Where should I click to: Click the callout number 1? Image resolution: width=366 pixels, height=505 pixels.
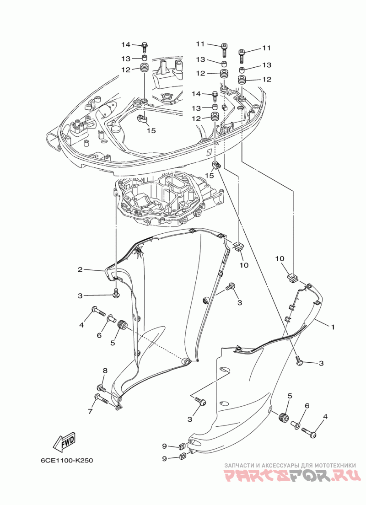[x=333, y=327]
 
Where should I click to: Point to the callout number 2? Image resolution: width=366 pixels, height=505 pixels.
[x=80, y=269]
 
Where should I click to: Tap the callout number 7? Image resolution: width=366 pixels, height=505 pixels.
[x=90, y=411]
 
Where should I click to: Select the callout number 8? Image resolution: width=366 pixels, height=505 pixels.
[x=105, y=371]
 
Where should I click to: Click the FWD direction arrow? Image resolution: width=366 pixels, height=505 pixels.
[x=64, y=441]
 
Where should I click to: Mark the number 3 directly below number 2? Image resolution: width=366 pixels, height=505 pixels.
[x=80, y=296]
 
